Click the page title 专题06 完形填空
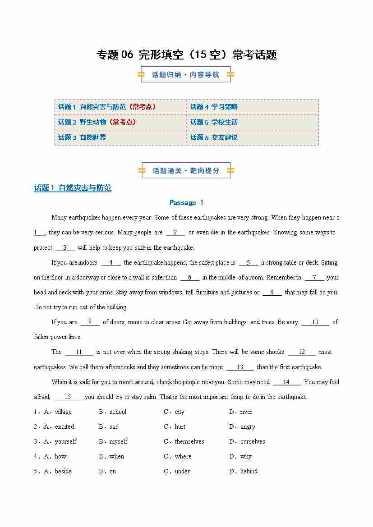pyautogui.click(x=186, y=55)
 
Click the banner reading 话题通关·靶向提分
pyautogui.click(x=186, y=171)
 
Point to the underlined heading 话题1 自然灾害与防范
pyautogui.click(x=73, y=188)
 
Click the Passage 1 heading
pyautogui.click(x=186, y=203)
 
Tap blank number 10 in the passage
pyautogui.click(x=315, y=322)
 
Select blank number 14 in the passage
pyautogui.click(x=286, y=382)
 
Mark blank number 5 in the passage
pyautogui.click(x=249, y=263)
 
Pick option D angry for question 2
pyautogui.click(x=247, y=427)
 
